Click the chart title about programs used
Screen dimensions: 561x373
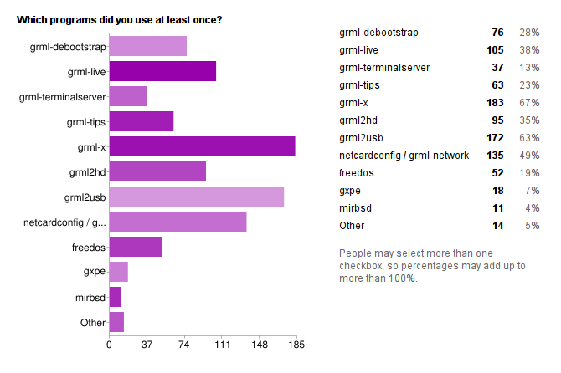[119, 20]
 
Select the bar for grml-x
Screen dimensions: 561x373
[203, 146]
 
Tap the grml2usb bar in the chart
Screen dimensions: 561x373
[197, 197]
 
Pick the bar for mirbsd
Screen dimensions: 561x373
[116, 297]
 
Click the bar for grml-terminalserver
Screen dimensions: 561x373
[128, 96]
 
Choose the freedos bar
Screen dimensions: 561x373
[136, 247]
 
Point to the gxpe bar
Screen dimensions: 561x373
[119, 272]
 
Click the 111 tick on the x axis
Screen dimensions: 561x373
[222, 345]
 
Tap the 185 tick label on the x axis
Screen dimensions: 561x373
[296, 345]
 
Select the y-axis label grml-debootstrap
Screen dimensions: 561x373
[68, 47]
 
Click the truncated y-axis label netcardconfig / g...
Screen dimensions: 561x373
[64, 222]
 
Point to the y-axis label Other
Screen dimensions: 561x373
[93, 323]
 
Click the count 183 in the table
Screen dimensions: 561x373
[495, 103]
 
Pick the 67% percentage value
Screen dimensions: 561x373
[529, 103]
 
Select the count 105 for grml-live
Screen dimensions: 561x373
[495, 50]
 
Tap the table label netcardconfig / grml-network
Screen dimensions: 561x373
[404, 156]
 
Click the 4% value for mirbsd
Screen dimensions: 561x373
[533, 208]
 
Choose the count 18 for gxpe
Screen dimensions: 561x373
[498, 191]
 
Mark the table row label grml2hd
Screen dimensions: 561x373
[358, 120]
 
